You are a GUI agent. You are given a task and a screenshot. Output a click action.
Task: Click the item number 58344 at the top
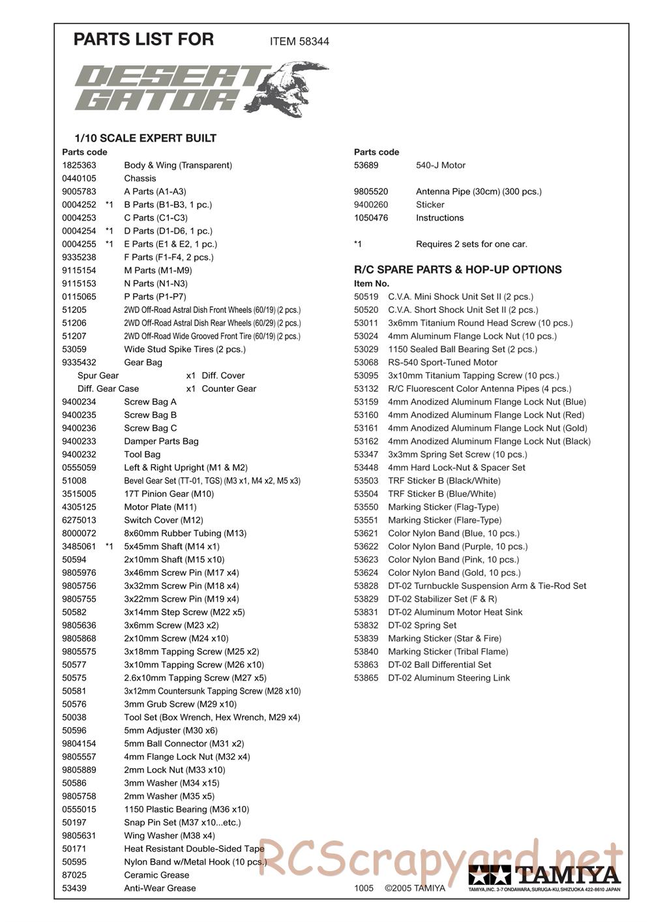(x=314, y=42)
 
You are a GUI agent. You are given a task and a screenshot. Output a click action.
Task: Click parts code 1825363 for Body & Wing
(x=79, y=166)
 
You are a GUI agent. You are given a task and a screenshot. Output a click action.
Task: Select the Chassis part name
(x=140, y=179)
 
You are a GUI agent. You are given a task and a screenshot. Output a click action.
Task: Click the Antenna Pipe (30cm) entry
(x=479, y=192)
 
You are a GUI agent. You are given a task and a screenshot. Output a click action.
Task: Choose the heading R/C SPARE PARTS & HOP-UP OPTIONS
(x=457, y=270)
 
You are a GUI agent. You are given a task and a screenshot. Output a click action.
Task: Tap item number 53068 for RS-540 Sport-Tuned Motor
(x=366, y=363)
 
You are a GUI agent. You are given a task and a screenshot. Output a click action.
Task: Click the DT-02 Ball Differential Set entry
(x=439, y=665)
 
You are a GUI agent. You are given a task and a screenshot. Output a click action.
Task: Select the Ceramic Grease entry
(x=156, y=875)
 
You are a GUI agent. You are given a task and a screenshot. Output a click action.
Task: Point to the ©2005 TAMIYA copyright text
(x=415, y=888)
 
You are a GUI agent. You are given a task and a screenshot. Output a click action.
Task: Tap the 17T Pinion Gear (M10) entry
(x=169, y=494)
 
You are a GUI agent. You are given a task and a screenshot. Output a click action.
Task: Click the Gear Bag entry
(x=143, y=363)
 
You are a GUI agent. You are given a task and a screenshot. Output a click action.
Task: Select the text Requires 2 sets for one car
(x=471, y=245)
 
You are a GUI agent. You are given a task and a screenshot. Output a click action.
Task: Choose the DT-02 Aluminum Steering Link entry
(x=449, y=678)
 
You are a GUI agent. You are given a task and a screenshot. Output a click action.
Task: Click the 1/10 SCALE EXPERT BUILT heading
(x=145, y=138)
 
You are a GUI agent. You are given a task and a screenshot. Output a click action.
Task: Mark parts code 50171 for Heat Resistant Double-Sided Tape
(x=74, y=849)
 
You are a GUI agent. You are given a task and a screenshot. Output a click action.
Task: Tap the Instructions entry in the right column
(x=439, y=218)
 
